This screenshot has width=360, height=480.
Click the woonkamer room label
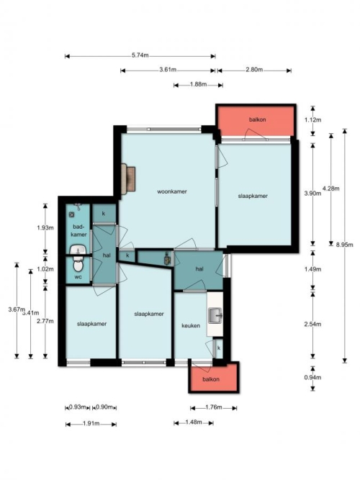click(172, 191)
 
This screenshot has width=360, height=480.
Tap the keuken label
click(191, 326)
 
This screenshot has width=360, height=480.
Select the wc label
click(78, 277)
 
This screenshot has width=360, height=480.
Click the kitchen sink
click(215, 316)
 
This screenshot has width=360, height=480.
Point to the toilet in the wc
click(78, 263)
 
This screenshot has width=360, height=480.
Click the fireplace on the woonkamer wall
click(128, 179)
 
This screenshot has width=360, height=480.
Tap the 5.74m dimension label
click(140, 55)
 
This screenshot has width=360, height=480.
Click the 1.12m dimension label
click(312, 120)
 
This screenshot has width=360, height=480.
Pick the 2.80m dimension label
click(254, 70)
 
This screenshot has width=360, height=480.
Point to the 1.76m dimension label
click(214, 407)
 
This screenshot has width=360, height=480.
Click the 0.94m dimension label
click(312, 377)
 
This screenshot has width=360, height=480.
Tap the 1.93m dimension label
click(45, 227)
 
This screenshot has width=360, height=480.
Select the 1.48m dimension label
click(194, 422)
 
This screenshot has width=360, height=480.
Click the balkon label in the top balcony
click(257, 119)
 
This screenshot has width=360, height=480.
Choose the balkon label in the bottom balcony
click(211, 379)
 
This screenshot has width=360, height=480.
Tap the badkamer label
click(78, 231)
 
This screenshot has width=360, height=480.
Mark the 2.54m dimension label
click(312, 324)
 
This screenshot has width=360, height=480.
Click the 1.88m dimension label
click(198, 84)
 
